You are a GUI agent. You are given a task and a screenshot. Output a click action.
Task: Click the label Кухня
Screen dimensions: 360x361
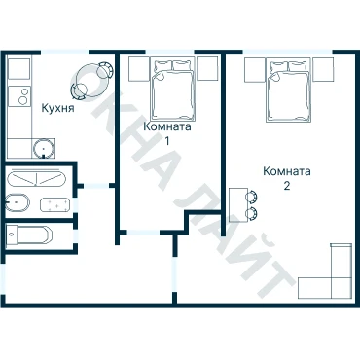(57, 108)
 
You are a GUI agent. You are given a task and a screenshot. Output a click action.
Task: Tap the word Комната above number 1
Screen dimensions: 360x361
(167, 126)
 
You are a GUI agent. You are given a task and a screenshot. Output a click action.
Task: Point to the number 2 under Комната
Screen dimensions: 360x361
(287, 186)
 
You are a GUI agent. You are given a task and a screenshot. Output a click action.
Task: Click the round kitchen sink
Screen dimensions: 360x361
(43, 148)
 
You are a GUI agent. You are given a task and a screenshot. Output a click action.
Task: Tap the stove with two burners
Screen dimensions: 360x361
(19, 96)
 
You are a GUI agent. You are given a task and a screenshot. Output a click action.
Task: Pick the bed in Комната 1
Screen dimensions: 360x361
(173, 89)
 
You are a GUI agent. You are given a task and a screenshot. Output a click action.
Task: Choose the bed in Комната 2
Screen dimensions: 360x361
(289, 90)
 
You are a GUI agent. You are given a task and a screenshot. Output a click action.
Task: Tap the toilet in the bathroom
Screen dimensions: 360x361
(18, 203)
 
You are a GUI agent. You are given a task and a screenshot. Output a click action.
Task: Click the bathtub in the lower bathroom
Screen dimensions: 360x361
(29, 235)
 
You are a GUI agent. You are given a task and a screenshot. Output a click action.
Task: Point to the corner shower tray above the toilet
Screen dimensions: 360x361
(36, 179)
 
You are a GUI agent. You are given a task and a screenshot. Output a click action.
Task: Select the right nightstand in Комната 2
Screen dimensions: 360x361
(323, 69)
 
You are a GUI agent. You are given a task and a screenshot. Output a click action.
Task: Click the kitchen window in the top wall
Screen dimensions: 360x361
(65, 52)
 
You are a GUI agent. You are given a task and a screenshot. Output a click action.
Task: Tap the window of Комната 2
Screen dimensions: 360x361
(288, 52)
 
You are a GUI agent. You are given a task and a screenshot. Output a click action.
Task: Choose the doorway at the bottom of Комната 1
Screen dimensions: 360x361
(143, 233)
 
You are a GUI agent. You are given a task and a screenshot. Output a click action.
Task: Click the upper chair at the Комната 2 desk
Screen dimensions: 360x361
(252, 197)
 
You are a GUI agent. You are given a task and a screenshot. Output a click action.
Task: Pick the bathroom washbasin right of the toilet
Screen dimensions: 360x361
(55, 205)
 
